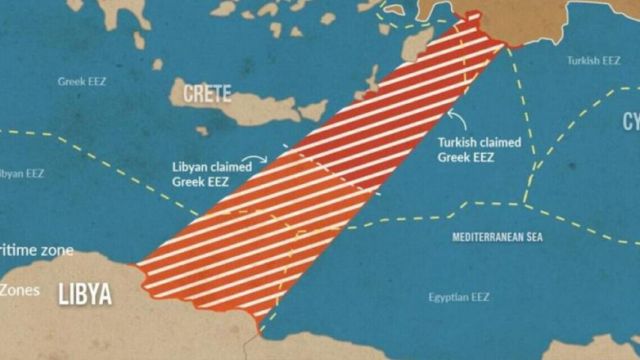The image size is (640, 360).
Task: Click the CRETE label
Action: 207,93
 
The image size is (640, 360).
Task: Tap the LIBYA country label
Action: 85,295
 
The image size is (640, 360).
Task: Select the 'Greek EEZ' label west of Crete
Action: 82,82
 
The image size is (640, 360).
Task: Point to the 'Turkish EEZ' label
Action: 593,61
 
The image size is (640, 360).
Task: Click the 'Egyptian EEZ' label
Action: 458,297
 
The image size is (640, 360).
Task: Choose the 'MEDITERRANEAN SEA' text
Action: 498,237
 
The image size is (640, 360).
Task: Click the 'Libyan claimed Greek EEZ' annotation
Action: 211,174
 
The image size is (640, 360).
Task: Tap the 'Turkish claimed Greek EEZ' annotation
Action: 479,150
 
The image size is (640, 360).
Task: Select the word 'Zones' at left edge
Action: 20,290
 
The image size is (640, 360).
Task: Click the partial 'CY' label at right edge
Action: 630,122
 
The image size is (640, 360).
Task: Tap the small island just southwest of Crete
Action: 202,130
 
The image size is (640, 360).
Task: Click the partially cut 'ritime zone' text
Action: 37,250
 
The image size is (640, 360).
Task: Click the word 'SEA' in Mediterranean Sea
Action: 534,237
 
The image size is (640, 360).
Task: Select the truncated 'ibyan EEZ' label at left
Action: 22,173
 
